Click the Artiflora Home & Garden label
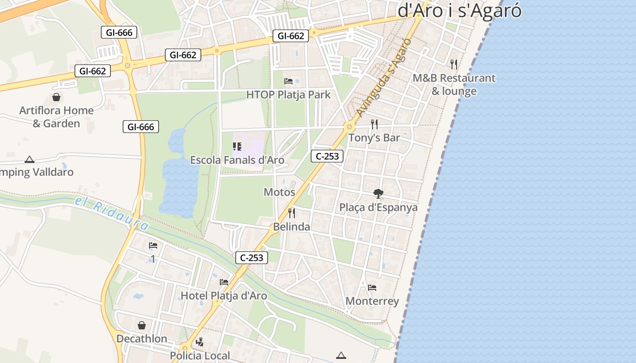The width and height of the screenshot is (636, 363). coord(56,117)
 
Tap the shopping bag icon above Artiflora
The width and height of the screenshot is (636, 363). coord(56,97)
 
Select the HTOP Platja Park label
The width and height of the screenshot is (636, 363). coord(288,95)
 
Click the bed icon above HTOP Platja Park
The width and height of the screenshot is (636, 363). coord(288,81)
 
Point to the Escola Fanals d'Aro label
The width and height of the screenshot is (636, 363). coord(237,160)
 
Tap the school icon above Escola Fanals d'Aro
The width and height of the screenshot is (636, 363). coord(237,147)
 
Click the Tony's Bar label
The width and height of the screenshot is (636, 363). coord(374,138)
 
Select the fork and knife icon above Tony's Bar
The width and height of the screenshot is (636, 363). coord(374,124)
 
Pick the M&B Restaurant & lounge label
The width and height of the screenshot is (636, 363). coord(454,84)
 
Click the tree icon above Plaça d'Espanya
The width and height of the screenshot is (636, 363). coord(378,194)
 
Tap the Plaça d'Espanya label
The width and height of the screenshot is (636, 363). coord(378,207)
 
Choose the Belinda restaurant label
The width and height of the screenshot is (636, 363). coord(292,227)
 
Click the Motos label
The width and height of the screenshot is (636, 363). coord(279,192)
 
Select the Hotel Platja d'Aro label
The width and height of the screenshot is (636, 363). coord(224,296)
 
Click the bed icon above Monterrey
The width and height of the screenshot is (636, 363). coord(372,288)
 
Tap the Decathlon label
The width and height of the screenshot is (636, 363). coord(142,339)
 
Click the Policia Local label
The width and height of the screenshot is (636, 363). coord(200,355)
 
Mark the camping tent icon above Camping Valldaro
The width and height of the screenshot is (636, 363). coord(30,159)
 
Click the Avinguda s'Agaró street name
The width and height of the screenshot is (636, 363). coord(384,78)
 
